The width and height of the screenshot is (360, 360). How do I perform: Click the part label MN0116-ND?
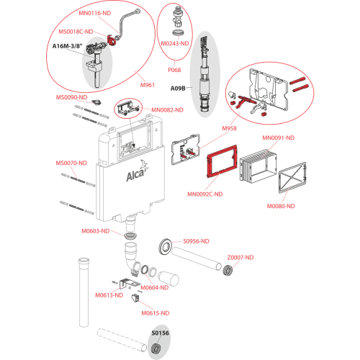pyautogui.click(x=95, y=13)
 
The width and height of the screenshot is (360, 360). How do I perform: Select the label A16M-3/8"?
pyautogui.click(x=68, y=46)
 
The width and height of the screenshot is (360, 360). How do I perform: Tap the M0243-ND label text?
pyautogui.click(x=175, y=44)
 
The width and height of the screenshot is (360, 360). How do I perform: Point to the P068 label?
pyautogui.click(x=174, y=70)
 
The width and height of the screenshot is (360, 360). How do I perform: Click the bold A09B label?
pyautogui.click(x=178, y=89)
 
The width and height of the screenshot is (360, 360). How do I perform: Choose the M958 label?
pyautogui.click(x=229, y=128)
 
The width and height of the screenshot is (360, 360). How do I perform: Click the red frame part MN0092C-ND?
pyautogui.click(x=222, y=161)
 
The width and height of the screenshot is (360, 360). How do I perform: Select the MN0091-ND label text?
pyautogui.click(x=278, y=138)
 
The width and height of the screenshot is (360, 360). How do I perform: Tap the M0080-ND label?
pyautogui.click(x=281, y=206)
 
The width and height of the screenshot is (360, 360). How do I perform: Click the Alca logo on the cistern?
pyautogui.click(x=136, y=172)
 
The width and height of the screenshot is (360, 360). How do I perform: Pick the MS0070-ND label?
pyautogui.click(x=71, y=163)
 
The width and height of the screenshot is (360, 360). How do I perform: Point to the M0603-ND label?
pyautogui.click(x=96, y=231)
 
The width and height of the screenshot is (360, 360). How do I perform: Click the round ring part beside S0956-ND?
pyautogui.click(x=166, y=247)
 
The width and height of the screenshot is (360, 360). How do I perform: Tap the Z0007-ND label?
pyautogui.click(x=240, y=258)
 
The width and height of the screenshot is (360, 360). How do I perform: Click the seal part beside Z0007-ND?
pyautogui.click(x=227, y=270)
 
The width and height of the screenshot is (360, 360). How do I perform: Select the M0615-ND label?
pyautogui.click(x=156, y=313)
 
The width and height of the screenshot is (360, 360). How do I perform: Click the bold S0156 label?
pyautogui.click(x=160, y=333)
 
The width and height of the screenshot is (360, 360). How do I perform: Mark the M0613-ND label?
pyautogui.click(x=109, y=295)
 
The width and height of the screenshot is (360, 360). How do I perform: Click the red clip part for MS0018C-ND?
pyautogui.click(x=111, y=40)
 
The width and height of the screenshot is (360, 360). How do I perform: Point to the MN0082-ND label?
pyautogui.click(x=167, y=110)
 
